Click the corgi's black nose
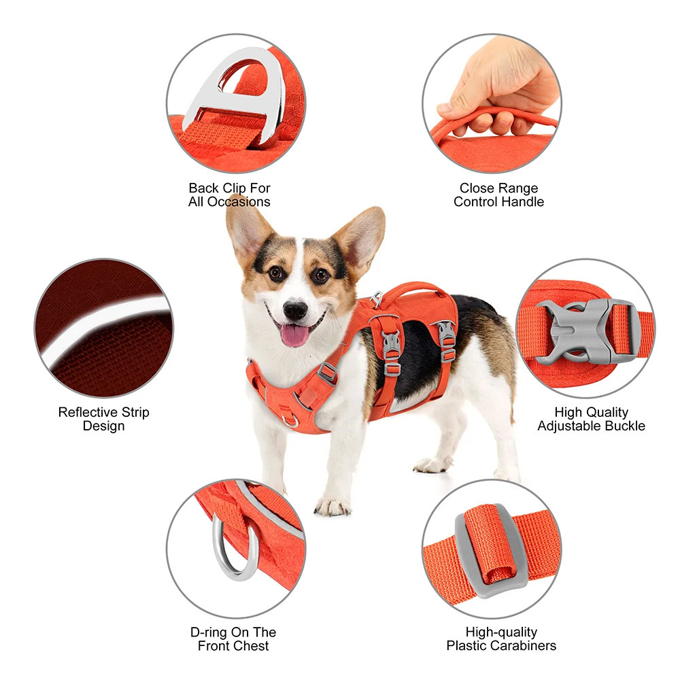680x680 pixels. [295, 310]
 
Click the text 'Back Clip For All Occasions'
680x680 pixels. [229, 194]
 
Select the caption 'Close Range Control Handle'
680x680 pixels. [498, 194]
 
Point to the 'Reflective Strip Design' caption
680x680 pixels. [103, 419]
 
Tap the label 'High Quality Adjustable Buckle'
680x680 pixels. [591, 419]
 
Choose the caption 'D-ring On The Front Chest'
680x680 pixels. [233, 639]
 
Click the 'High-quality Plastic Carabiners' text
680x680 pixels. [501, 639]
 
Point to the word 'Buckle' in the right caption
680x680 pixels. [623, 426]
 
